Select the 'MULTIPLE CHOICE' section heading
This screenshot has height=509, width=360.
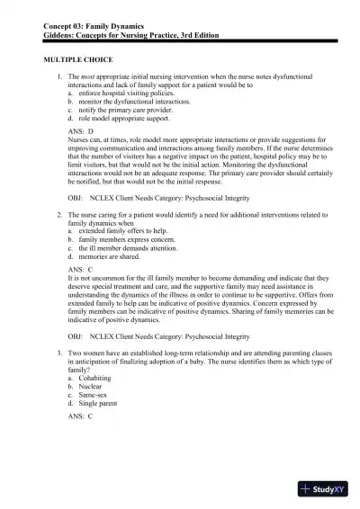point(77,58)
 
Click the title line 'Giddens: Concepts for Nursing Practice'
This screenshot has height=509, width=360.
point(130,36)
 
